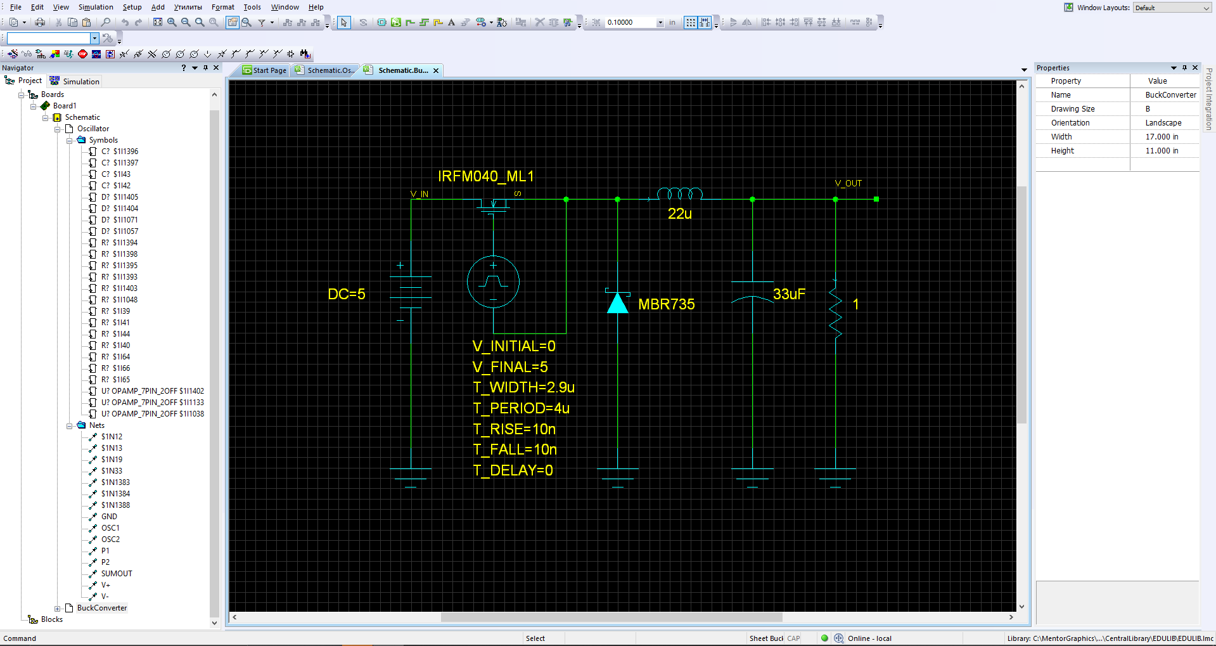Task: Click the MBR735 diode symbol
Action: tap(618, 301)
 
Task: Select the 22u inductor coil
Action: tap(680, 193)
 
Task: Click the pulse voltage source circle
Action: tap(493, 282)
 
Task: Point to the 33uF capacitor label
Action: tap(789, 294)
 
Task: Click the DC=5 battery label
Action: tap(347, 294)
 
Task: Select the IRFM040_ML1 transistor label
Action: tap(486, 176)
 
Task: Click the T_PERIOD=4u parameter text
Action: tap(521, 408)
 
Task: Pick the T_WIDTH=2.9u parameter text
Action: tap(523, 387)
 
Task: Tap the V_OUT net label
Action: tap(848, 183)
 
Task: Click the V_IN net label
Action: tap(419, 194)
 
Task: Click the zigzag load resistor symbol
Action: tap(836, 309)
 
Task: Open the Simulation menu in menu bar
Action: tap(96, 7)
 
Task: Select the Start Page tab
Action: tap(265, 70)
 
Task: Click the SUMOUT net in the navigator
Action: tap(117, 574)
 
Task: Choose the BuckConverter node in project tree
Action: tap(102, 608)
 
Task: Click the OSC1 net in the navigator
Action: tap(110, 528)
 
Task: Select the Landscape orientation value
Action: tap(1163, 123)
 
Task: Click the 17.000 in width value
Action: tap(1162, 137)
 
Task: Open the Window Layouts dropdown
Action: tap(1172, 8)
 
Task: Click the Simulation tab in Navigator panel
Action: tap(75, 81)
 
